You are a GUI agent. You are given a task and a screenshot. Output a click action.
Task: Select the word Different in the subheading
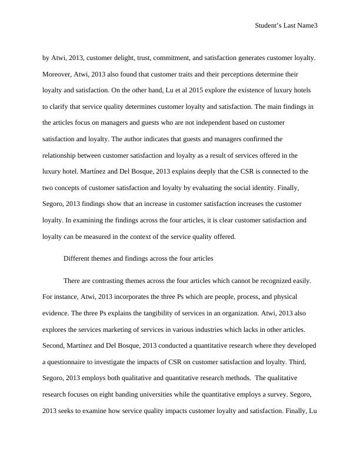[x=77, y=258]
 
